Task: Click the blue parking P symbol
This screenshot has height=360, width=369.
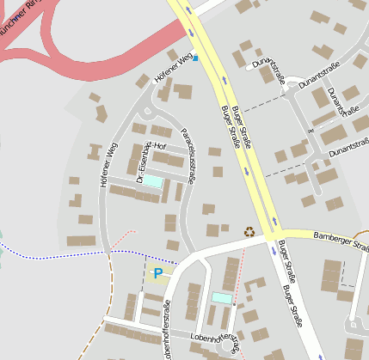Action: coord(157,273)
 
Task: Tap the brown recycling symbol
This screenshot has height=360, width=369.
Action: coord(249,230)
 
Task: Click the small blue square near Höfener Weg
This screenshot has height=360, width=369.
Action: coord(195,58)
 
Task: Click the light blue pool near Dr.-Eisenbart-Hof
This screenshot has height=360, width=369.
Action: coord(151,181)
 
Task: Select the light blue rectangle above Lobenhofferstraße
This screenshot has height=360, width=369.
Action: coord(221,297)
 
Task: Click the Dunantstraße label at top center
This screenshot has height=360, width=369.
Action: coord(269,72)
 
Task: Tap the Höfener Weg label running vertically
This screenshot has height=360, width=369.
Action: coord(108,164)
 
